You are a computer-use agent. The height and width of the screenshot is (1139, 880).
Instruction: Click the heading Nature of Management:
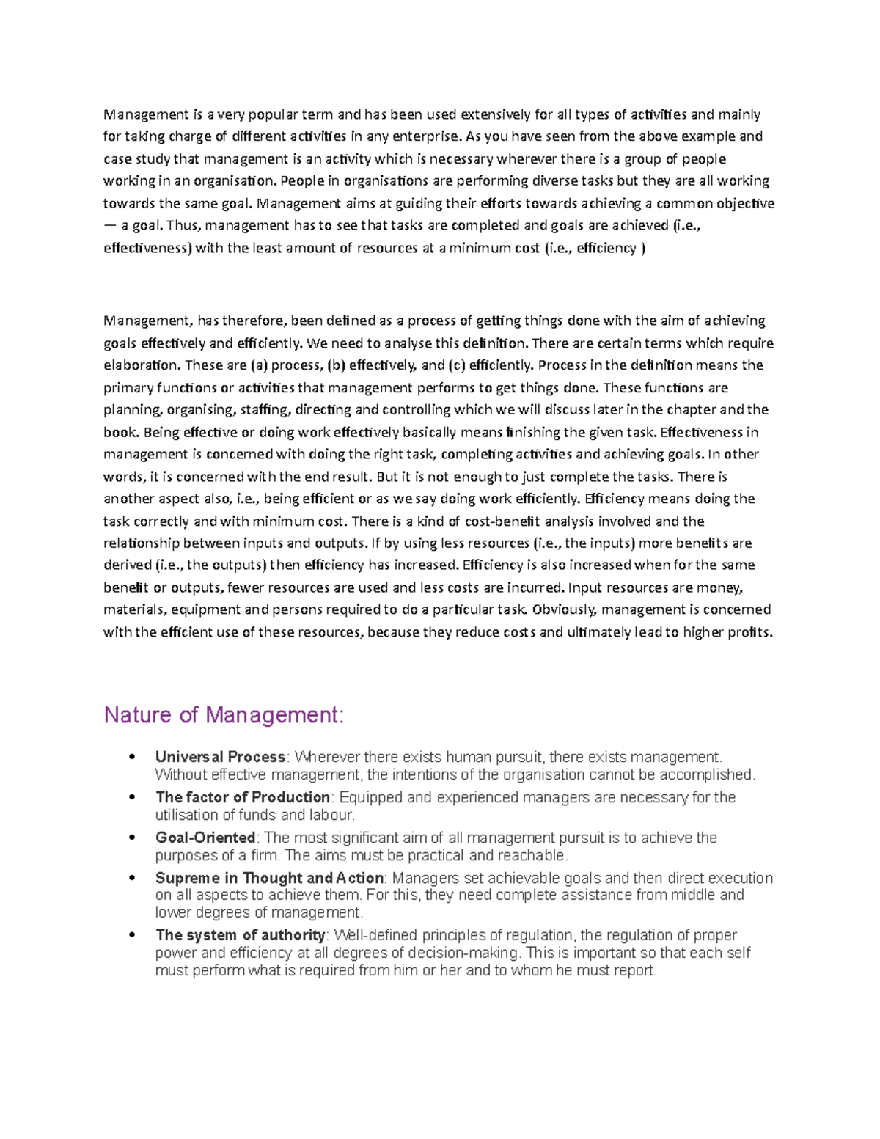pyautogui.click(x=224, y=714)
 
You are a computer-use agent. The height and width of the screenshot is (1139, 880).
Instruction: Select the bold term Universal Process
pyautogui.click(x=220, y=757)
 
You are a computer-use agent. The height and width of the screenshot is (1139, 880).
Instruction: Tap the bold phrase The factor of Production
pyautogui.click(x=243, y=797)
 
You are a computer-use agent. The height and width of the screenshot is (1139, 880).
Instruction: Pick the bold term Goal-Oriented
pyautogui.click(x=205, y=838)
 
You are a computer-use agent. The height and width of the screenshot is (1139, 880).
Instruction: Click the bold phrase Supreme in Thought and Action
pyautogui.click(x=269, y=878)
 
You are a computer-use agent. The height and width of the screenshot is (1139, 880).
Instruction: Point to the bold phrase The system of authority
pyautogui.click(x=241, y=935)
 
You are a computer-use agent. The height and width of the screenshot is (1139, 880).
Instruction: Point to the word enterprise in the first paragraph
pyautogui.click(x=428, y=136)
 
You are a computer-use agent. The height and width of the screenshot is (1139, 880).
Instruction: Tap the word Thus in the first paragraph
pyautogui.click(x=183, y=226)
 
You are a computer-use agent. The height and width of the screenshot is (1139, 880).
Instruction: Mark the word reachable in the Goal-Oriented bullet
pyautogui.click(x=532, y=855)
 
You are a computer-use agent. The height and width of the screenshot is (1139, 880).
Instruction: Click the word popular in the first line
pyautogui.click(x=274, y=114)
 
